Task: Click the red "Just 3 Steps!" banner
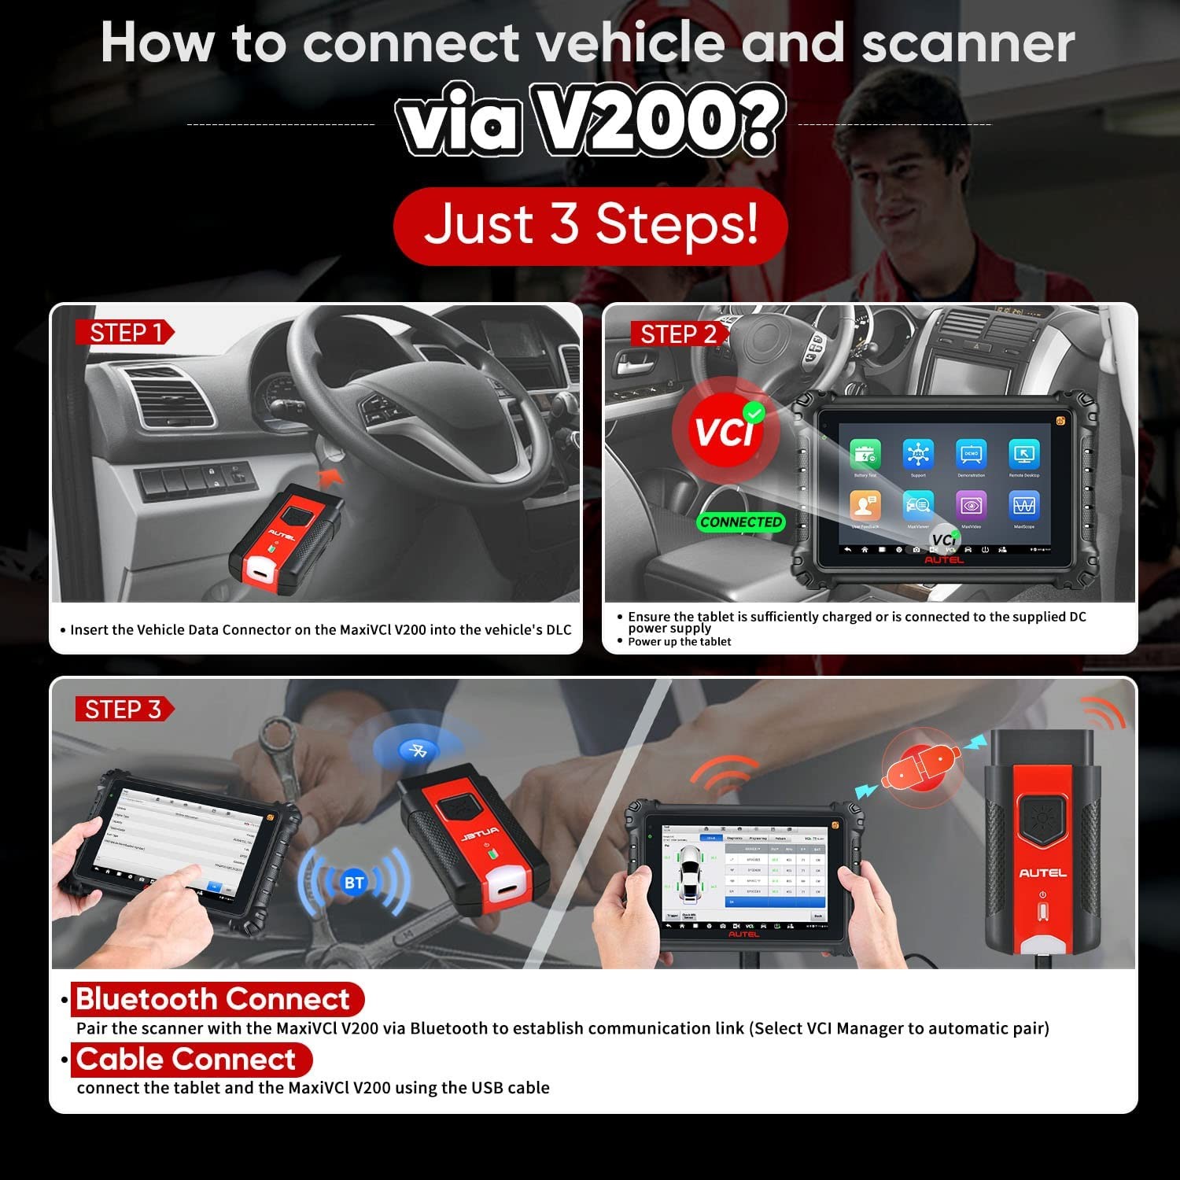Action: pyautogui.click(x=590, y=225)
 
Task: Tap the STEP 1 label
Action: pyautogui.click(x=124, y=333)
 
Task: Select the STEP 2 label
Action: pyautogui.click(x=678, y=334)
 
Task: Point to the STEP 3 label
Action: pyautogui.click(x=123, y=709)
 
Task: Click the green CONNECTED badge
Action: pyautogui.click(x=741, y=522)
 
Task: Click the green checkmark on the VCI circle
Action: pyautogui.click(x=754, y=411)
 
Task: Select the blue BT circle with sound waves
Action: pyautogui.click(x=354, y=883)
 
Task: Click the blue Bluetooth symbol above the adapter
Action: pyautogui.click(x=418, y=750)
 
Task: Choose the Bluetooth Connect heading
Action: pyautogui.click(x=212, y=999)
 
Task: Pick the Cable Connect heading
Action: pyautogui.click(x=186, y=1059)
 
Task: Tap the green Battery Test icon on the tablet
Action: pyautogui.click(x=865, y=455)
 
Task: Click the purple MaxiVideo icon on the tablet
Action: pyautogui.click(x=971, y=505)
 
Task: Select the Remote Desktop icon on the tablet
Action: pyautogui.click(x=1023, y=455)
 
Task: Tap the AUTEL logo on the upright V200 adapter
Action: pyautogui.click(x=1042, y=872)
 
